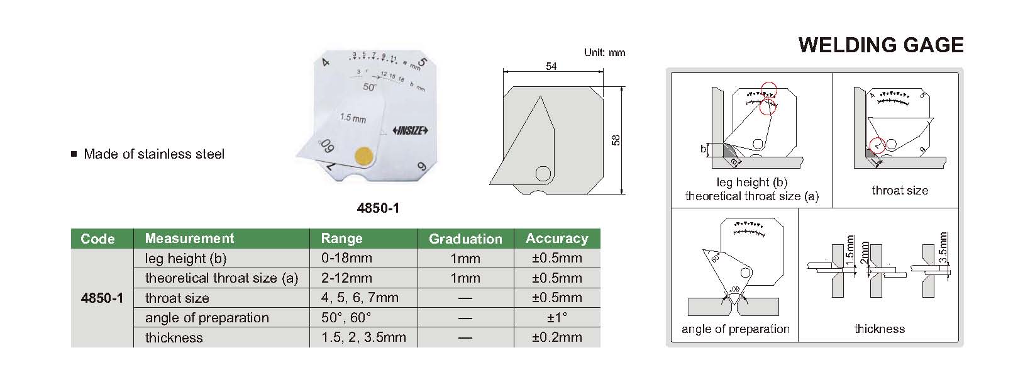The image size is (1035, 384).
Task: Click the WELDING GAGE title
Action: tap(881, 45)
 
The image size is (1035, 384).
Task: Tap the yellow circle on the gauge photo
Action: tap(363, 155)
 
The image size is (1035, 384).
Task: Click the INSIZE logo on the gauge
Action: tap(410, 130)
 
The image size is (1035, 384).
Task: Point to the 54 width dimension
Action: tap(551, 66)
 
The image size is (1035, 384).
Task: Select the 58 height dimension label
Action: tap(616, 140)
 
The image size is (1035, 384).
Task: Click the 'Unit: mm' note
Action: tap(604, 52)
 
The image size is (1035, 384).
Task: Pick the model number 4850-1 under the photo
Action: tap(378, 208)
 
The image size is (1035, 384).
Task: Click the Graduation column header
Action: tap(465, 239)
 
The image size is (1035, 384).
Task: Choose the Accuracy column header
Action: tap(556, 238)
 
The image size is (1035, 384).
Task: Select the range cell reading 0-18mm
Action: tap(346, 258)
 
